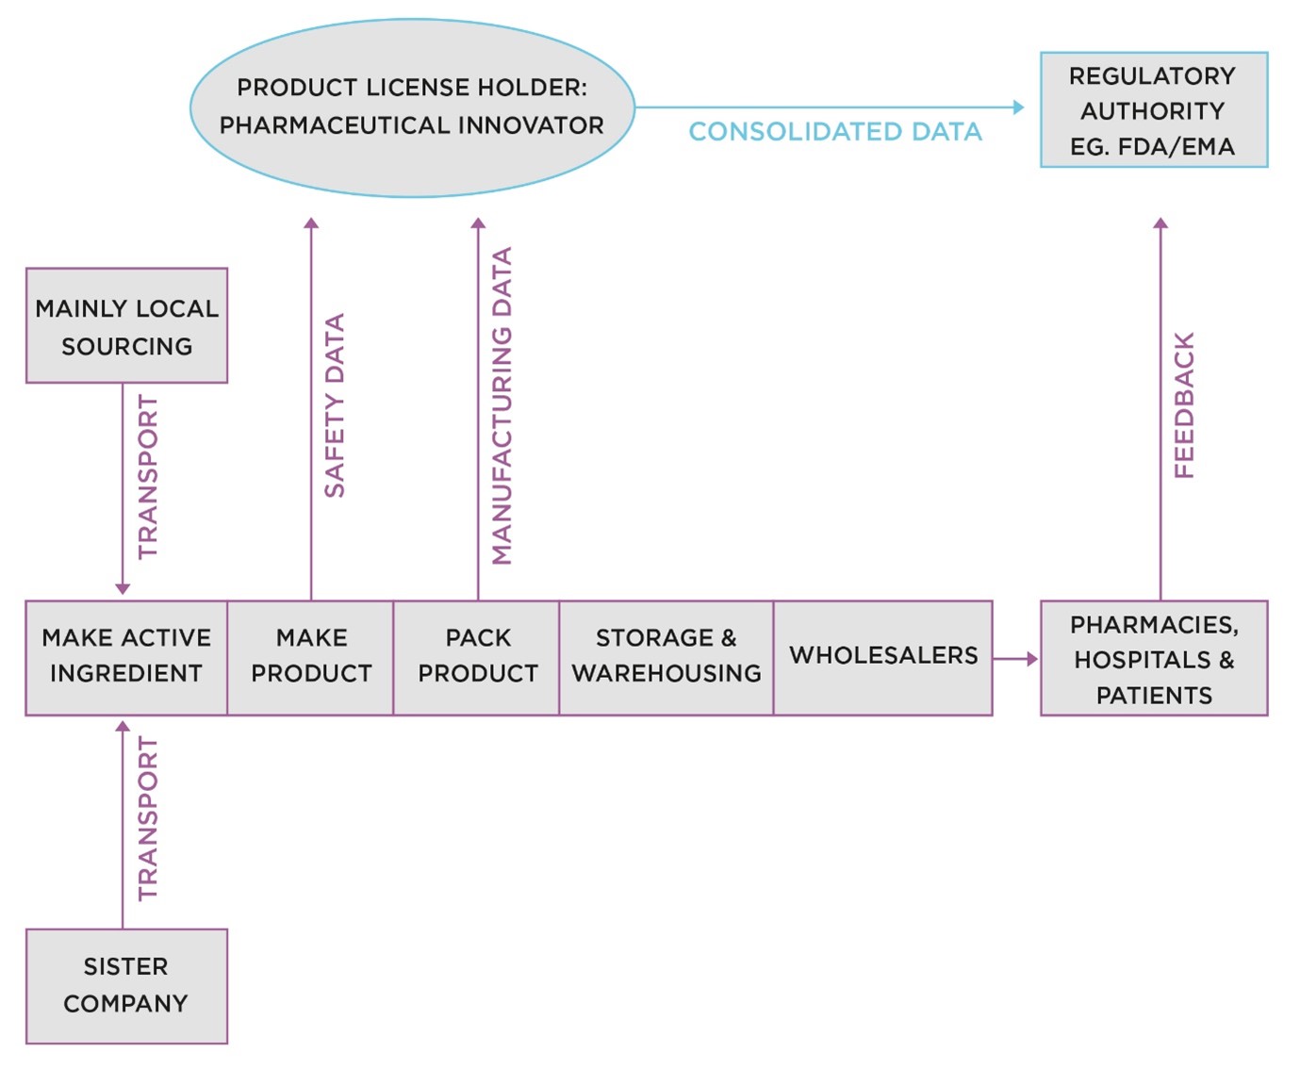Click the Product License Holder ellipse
click(x=412, y=107)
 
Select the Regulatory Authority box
click(x=1153, y=109)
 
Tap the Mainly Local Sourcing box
click(x=126, y=326)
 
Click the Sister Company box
click(x=126, y=985)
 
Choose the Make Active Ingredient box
click(x=126, y=657)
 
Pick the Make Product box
click(x=311, y=657)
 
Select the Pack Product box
click(x=477, y=657)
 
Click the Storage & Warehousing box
click(x=666, y=657)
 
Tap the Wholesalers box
click(x=883, y=656)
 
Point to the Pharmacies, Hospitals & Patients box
click(x=1154, y=659)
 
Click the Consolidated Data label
click(x=835, y=132)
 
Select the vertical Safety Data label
click(x=335, y=405)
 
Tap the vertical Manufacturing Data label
click(x=502, y=405)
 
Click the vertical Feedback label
click(x=1184, y=405)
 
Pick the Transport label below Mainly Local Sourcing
click(x=148, y=477)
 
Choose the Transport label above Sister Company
click(x=148, y=818)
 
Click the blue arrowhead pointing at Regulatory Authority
click(x=1018, y=107)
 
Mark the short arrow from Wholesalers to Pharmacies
click(x=1015, y=659)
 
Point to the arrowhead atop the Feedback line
click(x=1160, y=223)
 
